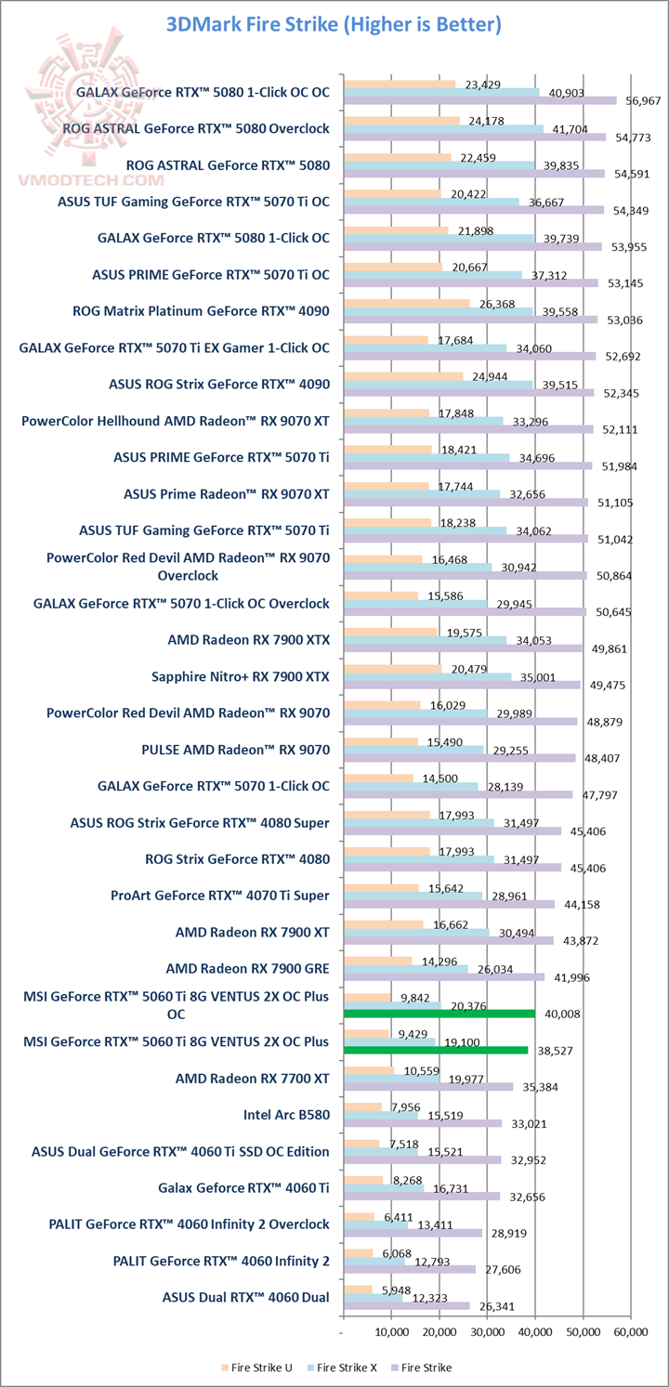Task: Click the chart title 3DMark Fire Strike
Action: (334, 25)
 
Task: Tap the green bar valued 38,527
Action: (436, 1050)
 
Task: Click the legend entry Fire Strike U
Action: (259, 1367)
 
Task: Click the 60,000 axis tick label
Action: (630, 1331)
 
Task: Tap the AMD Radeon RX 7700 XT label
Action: (252, 1080)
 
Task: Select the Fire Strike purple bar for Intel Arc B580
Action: (423, 1123)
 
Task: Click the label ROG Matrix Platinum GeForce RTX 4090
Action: (201, 311)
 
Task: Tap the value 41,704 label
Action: (570, 129)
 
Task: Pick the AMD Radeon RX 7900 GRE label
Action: (247, 967)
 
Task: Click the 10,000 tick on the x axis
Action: (392, 1331)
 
